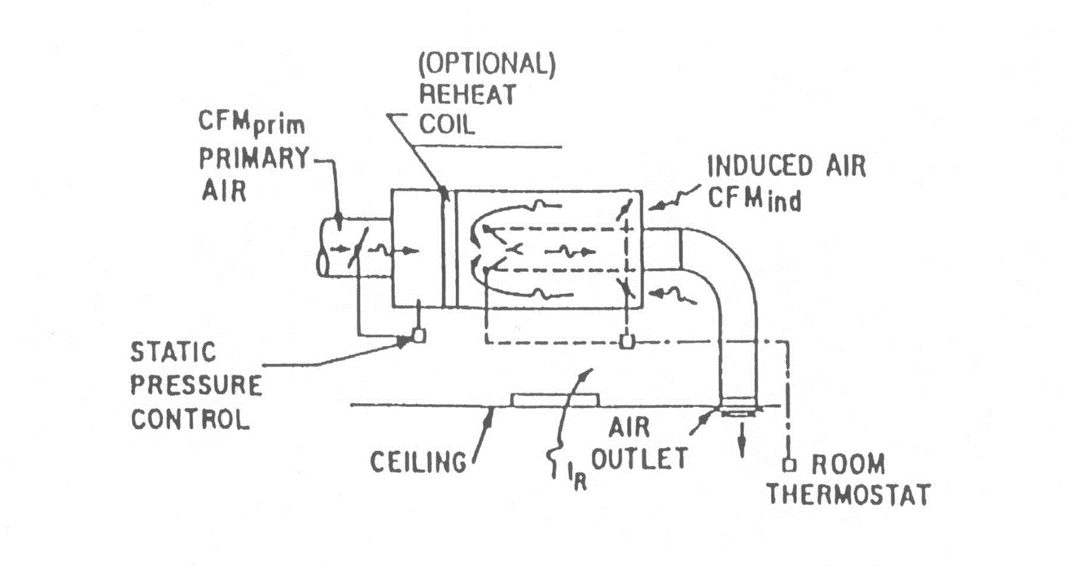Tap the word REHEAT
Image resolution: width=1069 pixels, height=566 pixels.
point(467,94)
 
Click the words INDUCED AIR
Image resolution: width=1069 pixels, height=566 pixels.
point(786,166)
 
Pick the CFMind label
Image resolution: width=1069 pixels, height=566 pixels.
point(753,197)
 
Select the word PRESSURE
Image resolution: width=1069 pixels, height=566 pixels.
point(197,385)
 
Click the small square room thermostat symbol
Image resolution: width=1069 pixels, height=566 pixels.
point(788,466)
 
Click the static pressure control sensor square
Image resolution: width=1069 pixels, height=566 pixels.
point(417,335)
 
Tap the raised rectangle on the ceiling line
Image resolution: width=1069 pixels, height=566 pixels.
point(554,399)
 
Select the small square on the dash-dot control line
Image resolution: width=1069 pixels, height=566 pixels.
point(624,341)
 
